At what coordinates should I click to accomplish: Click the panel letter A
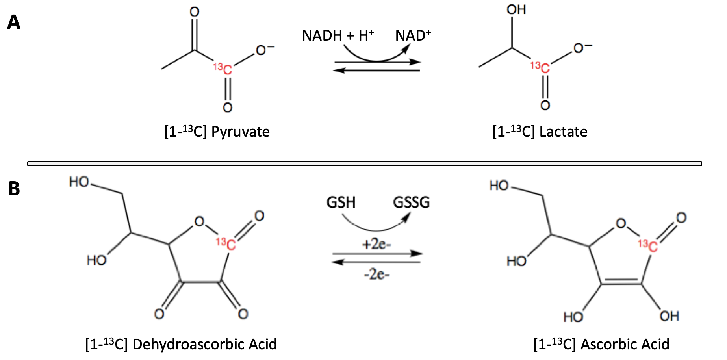[x=14, y=22]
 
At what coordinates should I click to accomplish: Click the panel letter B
[x=14, y=189]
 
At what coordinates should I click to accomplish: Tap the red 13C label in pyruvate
[x=223, y=69]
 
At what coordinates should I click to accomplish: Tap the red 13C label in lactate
[x=540, y=67]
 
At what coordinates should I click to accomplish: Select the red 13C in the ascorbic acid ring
[x=648, y=245]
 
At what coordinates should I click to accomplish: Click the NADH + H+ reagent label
[x=338, y=35]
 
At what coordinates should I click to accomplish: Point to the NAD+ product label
[x=413, y=35]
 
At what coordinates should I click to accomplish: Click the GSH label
[x=341, y=202]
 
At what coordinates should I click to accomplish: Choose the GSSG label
[x=411, y=202]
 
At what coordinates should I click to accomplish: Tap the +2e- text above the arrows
[x=376, y=244]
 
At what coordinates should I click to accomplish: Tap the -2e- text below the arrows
[x=376, y=274]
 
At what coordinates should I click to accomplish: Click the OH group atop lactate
[x=516, y=9]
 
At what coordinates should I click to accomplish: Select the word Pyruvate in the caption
[x=240, y=132]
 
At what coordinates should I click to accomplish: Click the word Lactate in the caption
[x=563, y=132]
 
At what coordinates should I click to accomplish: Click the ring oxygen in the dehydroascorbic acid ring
[x=200, y=221]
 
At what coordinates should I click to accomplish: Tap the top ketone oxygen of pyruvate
[x=194, y=12]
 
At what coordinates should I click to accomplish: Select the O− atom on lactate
[x=581, y=48]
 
